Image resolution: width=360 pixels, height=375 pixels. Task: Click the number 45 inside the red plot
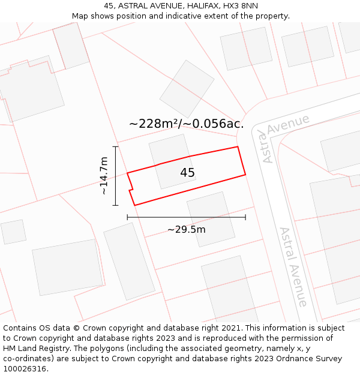point(187,173)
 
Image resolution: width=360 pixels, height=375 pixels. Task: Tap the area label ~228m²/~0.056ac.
point(186,124)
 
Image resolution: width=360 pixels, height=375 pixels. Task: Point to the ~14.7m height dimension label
point(104,175)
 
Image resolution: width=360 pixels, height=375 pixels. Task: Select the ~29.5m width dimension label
point(186,229)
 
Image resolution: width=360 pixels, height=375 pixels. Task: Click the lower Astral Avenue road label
point(293,266)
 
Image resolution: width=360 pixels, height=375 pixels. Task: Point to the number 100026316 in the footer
point(25,369)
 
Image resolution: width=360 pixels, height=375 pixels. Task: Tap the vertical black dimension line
point(115,176)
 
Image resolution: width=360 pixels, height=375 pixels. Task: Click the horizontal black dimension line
point(186,217)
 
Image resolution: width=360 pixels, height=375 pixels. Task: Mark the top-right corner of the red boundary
point(238,146)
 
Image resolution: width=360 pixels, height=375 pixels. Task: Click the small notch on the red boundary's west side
point(130,189)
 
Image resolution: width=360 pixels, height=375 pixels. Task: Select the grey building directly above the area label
point(187,88)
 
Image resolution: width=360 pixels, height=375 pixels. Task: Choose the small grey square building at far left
point(13,232)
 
